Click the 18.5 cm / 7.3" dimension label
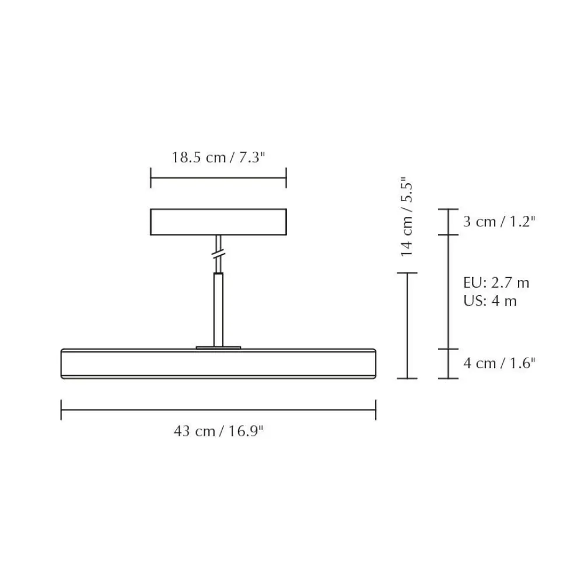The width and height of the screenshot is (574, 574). click(x=218, y=157)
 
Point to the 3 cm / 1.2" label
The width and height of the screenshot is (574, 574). click(x=499, y=222)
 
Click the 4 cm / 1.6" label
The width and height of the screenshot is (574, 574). click(x=499, y=363)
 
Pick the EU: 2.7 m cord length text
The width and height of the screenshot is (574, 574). click(x=496, y=283)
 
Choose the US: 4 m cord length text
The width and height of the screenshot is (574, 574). click(x=490, y=301)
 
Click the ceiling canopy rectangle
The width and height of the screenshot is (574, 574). click(x=218, y=222)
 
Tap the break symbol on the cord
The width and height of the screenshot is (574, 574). click(x=218, y=255)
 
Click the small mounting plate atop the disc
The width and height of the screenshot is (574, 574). click(x=218, y=347)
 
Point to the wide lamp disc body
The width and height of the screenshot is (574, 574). click(x=218, y=363)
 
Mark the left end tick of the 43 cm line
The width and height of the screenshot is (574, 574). click(x=61, y=409)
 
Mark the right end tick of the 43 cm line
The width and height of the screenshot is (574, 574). click(x=375, y=409)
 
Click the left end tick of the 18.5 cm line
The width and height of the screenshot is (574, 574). click(x=150, y=178)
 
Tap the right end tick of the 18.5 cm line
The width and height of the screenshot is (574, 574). click(x=286, y=178)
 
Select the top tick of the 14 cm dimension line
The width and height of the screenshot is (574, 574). click(x=407, y=272)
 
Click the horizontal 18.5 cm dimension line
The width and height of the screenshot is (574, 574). click(x=218, y=178)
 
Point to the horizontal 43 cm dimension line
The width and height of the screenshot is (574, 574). click(x=218, y=409)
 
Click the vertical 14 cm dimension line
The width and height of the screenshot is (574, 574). click(x=407, y=325)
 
